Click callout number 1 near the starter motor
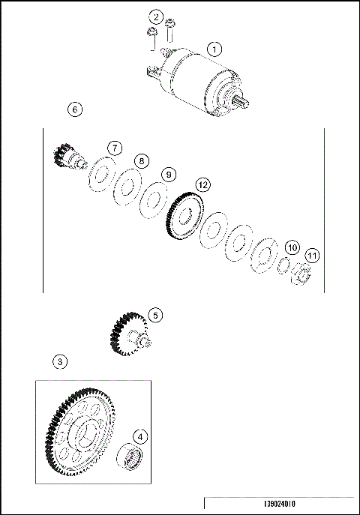click(x=214, y=49)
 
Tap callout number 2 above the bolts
click(x=155, y=16)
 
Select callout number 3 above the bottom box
click(x=61, y=361)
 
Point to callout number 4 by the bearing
click(x=140, y=436)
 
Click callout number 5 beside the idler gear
click(x=154, y=316)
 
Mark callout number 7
click(x=113, y=148)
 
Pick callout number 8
click(x=142, y=160)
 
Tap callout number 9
click(x=169, y=174)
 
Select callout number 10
click(x=292, y=247)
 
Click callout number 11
click(x=312, y=256)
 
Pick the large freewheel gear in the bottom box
click(x=82, y=435)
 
